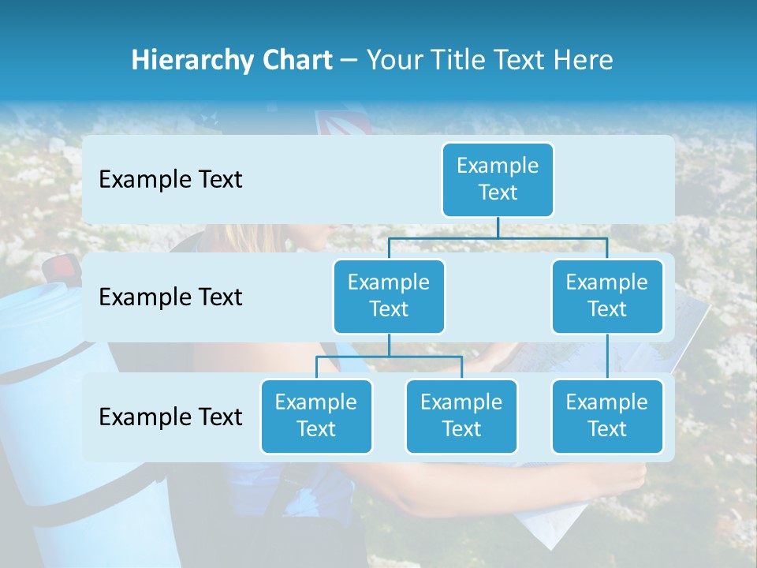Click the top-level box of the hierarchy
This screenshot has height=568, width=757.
(498, 179)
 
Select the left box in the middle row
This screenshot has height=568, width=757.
(389, 296)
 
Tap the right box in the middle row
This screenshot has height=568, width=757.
(607, 296)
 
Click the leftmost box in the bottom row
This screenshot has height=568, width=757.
(316, 416)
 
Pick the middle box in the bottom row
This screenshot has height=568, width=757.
(461, 416)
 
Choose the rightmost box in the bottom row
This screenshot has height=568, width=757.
(607, 416)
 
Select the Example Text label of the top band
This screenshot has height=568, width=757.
(170, 179)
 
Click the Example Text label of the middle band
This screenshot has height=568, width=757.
(170, 297)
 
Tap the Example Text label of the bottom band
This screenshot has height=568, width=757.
(170, 417)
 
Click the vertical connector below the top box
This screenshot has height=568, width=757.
(498, 227)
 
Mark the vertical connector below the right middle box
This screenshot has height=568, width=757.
(607, 357)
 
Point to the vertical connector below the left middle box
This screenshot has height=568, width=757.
(389, 345)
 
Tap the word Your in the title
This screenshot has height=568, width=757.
(392, 61)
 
